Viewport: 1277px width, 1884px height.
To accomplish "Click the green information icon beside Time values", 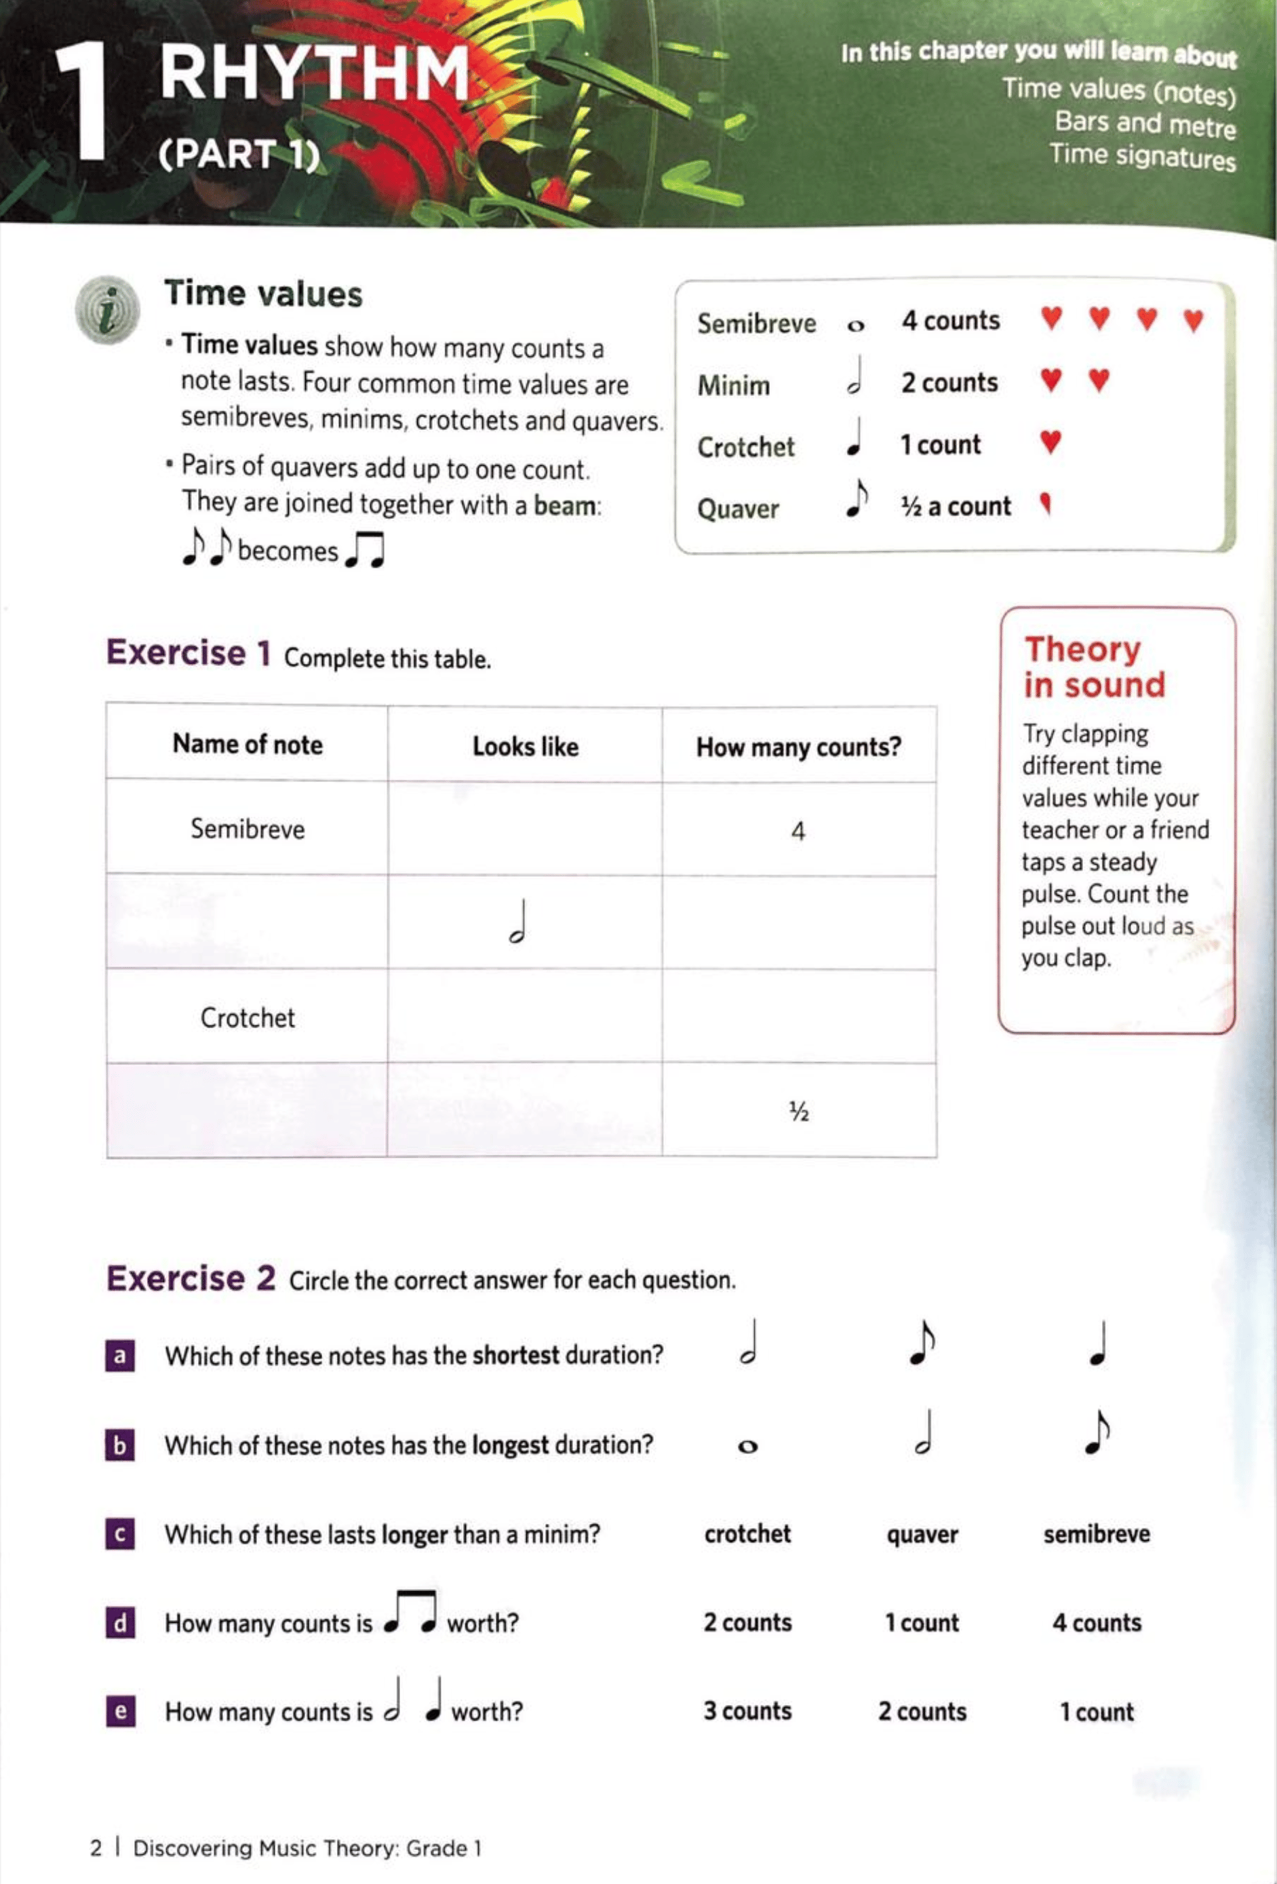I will (x=107, y=310).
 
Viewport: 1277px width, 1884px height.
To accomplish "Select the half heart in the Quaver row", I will (x=1046, y=505).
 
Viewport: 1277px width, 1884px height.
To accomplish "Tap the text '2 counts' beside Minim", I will (x=949, y=382).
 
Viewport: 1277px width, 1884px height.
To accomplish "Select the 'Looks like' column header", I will (x=526, y=746).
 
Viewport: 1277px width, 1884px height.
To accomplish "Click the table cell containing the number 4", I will (x=799, y=831).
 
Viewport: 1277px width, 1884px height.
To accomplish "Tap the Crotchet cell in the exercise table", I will (x=248, y=1017).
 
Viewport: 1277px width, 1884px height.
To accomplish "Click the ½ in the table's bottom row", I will (x=799, y=1112).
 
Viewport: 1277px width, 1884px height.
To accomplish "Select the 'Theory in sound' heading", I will (x=1094, y=667).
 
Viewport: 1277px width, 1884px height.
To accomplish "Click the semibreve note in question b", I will (x=747, y=1447).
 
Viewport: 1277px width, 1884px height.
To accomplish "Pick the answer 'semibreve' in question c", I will (x=1096, y=1534).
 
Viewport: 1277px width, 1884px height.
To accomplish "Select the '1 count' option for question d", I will (x=922, y=1623).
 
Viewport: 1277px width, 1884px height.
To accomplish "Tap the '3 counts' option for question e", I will (x=747, y=1711).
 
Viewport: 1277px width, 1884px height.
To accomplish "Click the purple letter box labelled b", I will (x=120, y=1445).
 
